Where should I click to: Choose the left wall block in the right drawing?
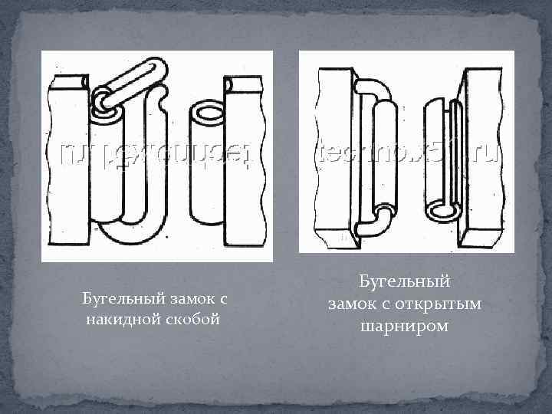coord(334,153)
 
